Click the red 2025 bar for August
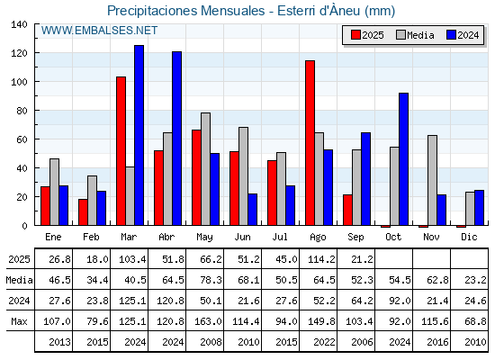point(310,143)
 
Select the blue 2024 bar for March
point(139,135)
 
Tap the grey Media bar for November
point(432,180)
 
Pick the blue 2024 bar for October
point(404,159)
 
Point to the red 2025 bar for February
point(83,212)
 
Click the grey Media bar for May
point(206,169)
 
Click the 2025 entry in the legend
point(367,35)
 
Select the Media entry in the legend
point(415,35)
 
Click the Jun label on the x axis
point(242,238)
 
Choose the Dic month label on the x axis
point(469,238)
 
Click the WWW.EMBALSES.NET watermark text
point(99,31)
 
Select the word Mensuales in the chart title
point(233,11)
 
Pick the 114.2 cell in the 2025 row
point(319,259)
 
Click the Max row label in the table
point(19,321)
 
